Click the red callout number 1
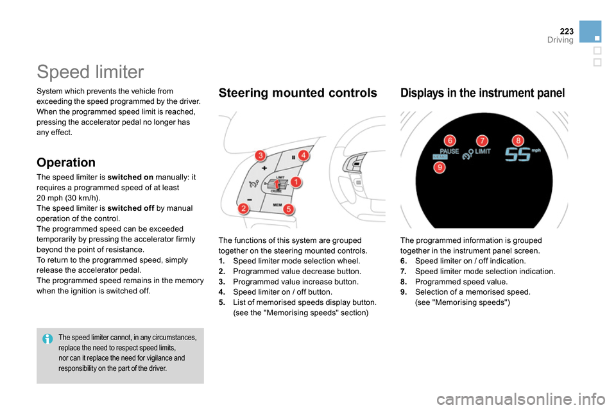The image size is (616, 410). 296,183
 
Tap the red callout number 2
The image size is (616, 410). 244,209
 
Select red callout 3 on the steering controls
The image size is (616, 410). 260,155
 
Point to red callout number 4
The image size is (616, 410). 304,155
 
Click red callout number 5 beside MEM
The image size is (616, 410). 289,209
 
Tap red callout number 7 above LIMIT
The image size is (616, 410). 482,140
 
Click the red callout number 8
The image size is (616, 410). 518,140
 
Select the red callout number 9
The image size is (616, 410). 440,167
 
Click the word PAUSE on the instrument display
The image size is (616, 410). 449,152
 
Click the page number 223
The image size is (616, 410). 566,31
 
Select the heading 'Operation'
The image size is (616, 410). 66,162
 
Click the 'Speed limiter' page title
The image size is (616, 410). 90,71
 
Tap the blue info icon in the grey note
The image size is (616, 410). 47,338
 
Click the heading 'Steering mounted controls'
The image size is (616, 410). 298,93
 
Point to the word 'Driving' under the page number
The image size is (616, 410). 560,40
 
